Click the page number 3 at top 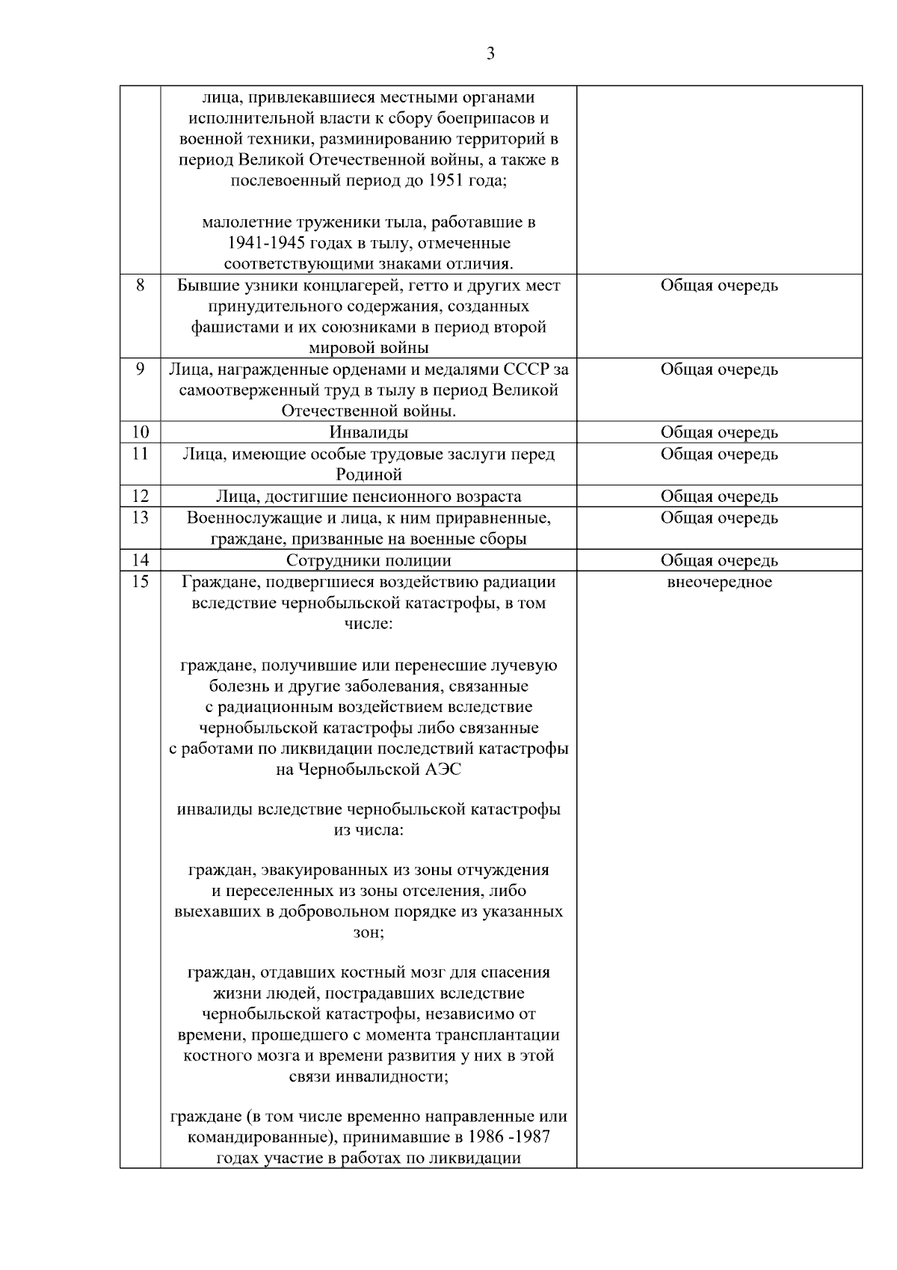(490, 54)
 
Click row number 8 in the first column (140, 285)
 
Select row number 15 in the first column (140, 581)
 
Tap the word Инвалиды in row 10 (369, 432)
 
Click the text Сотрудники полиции (369, 560)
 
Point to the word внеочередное (719, 582)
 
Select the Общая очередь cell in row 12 (719, 497)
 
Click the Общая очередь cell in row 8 (719, 286)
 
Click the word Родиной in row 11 (369, 475)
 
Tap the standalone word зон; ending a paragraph (369, 933)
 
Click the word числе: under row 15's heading (369, 623)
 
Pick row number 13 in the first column (140, 518)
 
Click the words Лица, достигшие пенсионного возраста (369, 497)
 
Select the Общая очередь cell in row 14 (719, 560)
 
